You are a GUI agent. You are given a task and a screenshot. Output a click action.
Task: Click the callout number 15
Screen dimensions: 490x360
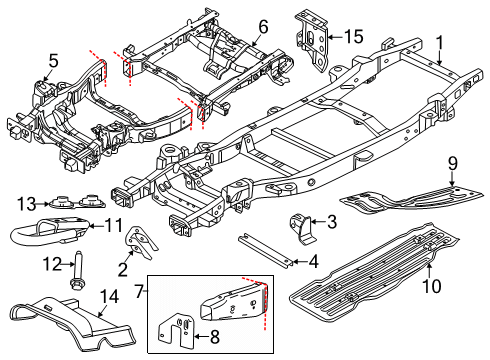pos(354,36)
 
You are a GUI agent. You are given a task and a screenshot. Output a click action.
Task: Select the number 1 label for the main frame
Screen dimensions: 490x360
pos(440,43)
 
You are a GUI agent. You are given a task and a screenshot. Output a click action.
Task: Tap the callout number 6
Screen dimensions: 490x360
pos(263,27)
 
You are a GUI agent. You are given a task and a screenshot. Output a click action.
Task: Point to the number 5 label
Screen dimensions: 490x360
pos(53,61)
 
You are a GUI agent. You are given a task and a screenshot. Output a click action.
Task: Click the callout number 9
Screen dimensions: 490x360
pos(452,164)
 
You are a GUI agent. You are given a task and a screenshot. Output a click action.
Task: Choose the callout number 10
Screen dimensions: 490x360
pos(432,286)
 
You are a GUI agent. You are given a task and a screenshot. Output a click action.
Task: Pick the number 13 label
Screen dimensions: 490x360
pos(27,204)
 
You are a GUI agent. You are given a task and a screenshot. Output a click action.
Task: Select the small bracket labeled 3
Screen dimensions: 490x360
pos(303,229)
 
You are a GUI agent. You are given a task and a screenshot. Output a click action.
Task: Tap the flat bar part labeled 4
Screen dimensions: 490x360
pos(265,250)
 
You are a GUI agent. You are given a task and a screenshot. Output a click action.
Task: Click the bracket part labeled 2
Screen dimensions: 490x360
pos(141,242)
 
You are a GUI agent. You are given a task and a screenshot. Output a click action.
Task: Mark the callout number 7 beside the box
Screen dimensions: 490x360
pos(139,291)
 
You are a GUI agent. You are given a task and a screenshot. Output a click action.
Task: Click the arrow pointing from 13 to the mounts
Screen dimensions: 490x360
pos(43,204)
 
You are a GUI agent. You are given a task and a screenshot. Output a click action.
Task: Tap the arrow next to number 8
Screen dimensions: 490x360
pos(201,336)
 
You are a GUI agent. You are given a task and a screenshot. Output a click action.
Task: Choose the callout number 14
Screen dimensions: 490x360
pos(109,297)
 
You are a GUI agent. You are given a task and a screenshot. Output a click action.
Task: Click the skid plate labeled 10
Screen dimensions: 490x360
pos(373,273)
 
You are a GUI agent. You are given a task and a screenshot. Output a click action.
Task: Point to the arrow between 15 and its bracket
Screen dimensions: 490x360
pos(336,37)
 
